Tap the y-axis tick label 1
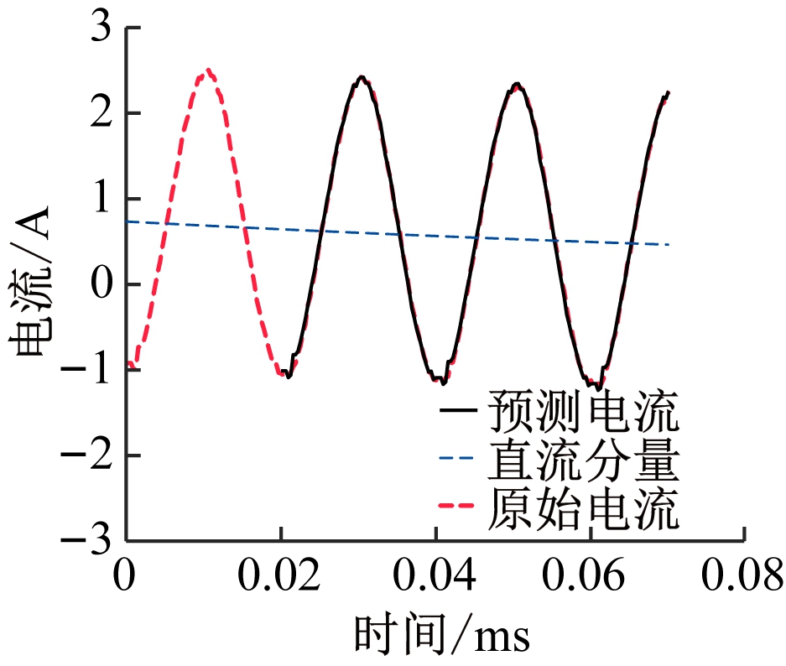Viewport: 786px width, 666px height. (99, 199)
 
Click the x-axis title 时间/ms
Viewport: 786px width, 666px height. (442, 635)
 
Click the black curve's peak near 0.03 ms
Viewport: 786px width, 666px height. (361, 78)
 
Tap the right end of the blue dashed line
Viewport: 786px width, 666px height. (669, 244)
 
